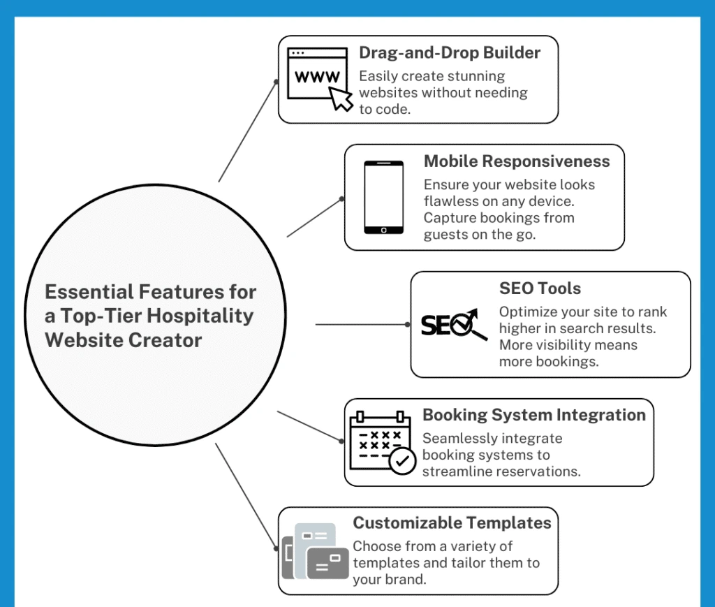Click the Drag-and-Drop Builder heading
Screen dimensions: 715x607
(450, 53)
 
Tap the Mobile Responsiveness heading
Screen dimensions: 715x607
(517, 161)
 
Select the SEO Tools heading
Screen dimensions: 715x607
(540, 288)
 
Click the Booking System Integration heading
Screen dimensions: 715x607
(534, 415)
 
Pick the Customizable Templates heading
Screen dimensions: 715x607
(452, 523)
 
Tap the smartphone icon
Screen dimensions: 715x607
(383, 198)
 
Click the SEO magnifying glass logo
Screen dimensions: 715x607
(454, 324)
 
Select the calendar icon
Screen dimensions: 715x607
(382, 442)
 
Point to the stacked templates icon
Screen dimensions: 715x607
(315, 551)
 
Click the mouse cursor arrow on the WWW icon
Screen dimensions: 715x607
(341, 98)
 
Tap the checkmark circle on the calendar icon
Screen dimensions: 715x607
(402, 461)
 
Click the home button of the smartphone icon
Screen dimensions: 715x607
(383, 231)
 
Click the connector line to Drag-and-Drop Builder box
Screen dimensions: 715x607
(248, 131)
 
